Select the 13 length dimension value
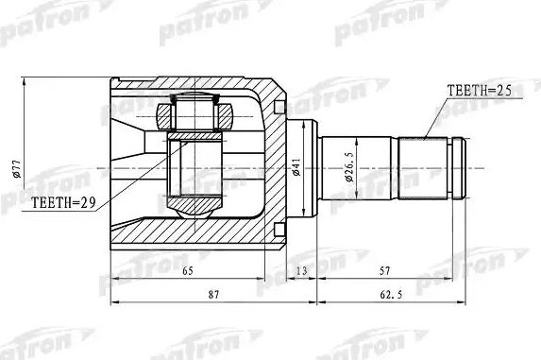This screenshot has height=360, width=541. click(301, 270)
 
